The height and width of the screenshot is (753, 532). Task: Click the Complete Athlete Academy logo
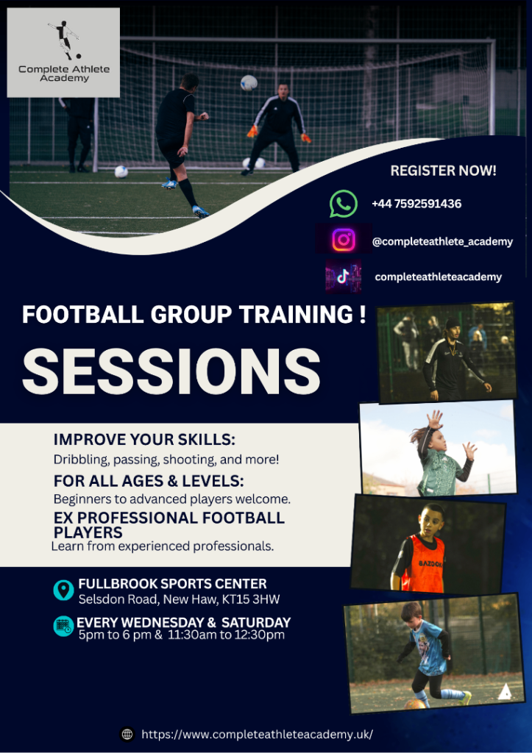pyautogui.click(x=63, y=52)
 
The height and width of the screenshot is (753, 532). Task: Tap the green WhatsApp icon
pyautogui.click(x=343, y=204)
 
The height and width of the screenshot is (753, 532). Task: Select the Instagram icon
pyautogui.click(x=343, y=240)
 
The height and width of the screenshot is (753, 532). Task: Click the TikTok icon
pyautogui.click(x=343, y=276)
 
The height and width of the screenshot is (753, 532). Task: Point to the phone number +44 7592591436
pyautogui.click(x=416, y=204)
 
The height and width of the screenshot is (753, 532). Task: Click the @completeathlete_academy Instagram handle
pyautogui.click(x=442, y=241)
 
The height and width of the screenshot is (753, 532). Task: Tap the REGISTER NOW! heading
pyautogui.click(x=443, y=171)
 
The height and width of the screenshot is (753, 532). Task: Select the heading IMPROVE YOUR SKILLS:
pyautogui.click(x=144, y=440)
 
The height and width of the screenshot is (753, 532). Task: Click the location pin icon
pyautogui.click(x=64, y=589)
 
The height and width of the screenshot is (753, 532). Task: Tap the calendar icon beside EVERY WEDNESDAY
pyautogui.click(x=64, y=626)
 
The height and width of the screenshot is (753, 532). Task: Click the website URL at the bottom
pyautogui.click(x=257, y=734)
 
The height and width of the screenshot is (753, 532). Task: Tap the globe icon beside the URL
pyautogui.click(x=127, y=734)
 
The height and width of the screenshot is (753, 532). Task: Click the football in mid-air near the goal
pyautogui.click(x=249, y=82)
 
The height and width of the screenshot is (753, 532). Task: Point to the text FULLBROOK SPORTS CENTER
pyautogui.click(x=172, y=584)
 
